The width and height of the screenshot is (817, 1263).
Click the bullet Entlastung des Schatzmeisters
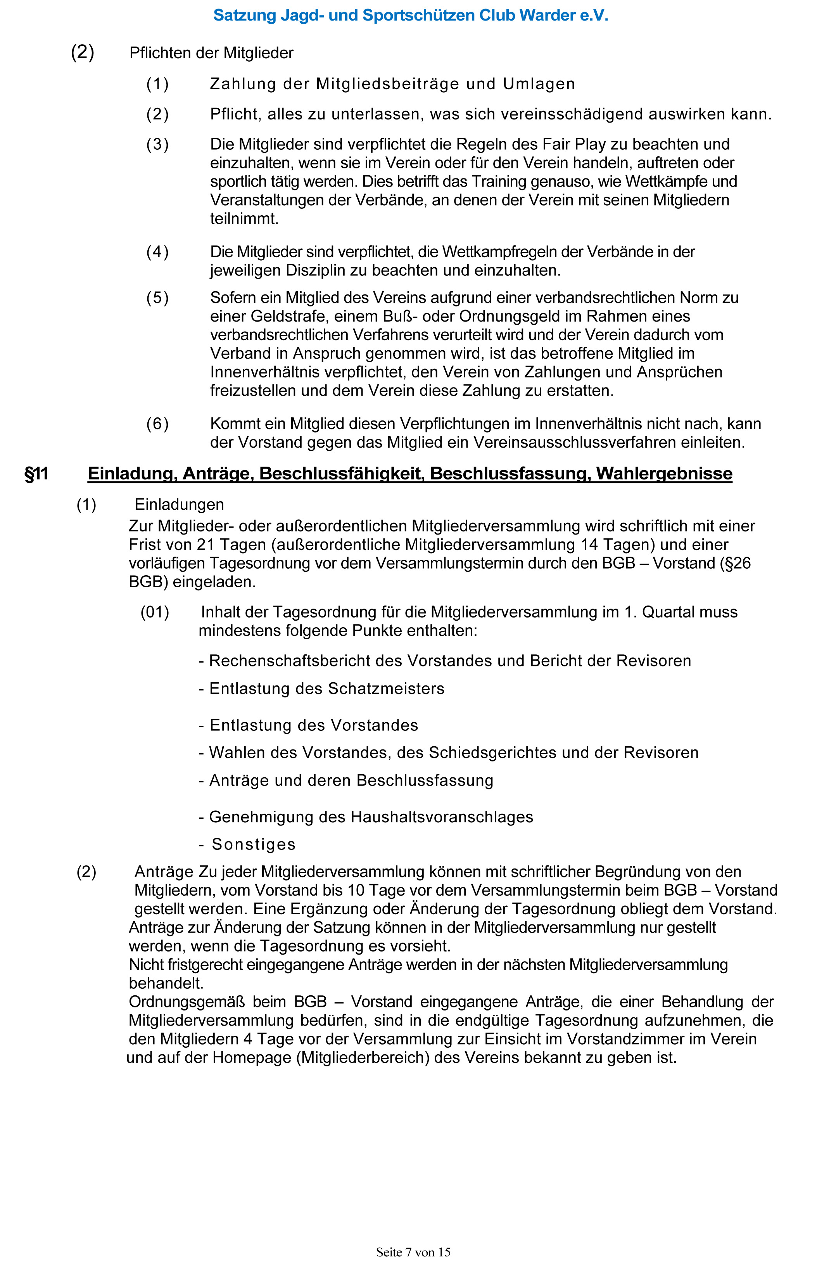click(321, 689)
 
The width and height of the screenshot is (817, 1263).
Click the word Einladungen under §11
click(179, 504)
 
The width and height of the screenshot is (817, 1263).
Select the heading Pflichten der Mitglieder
click(211, 53)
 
